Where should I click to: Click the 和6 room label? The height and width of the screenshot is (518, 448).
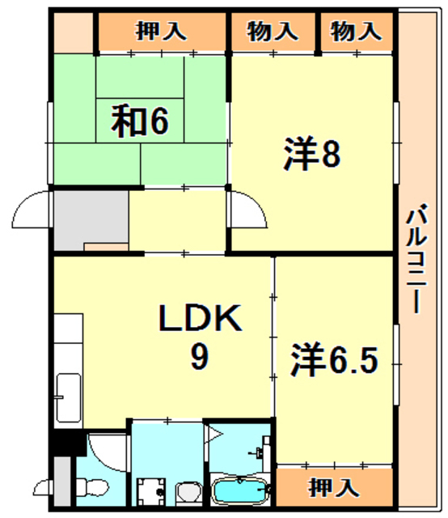point(140,121)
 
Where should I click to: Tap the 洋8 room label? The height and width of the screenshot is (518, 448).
point(312,154)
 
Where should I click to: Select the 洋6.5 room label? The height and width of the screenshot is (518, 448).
point(334,359)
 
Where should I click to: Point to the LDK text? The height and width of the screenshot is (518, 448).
point(200,318)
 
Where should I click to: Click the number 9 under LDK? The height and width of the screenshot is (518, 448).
point(200,357)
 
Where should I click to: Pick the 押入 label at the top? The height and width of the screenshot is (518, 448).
point(161,31)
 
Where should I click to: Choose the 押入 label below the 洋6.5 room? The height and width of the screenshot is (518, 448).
point(334,487)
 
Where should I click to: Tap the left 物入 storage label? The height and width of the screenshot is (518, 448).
point(273,31)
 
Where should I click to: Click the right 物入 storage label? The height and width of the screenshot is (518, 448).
point(357,31)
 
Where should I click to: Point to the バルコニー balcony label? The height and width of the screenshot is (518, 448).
point(416,258)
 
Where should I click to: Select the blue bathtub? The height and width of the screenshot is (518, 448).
point(240,490)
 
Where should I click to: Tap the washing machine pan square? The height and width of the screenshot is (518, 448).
point(151,491)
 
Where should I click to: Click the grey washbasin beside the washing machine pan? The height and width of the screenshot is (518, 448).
point(189,493)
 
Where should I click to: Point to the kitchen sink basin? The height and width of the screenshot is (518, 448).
point(69,397)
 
